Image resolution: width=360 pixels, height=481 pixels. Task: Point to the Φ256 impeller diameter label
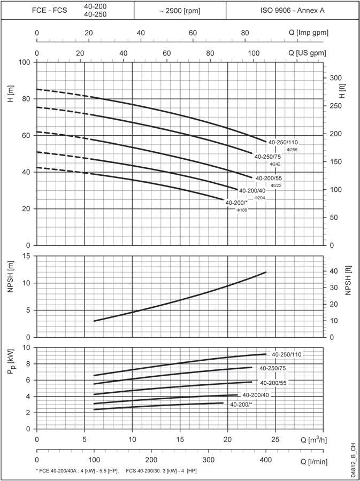pos(292,150)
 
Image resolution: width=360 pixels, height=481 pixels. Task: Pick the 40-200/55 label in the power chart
pos(274,383)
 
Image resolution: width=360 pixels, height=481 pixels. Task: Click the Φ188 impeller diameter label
pos(242,210)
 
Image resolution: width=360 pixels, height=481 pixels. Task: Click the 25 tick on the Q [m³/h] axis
pos(275,439)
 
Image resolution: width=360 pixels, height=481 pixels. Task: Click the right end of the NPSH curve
pos(266,272)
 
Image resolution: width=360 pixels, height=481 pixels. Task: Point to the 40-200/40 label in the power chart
pos(256,395)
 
